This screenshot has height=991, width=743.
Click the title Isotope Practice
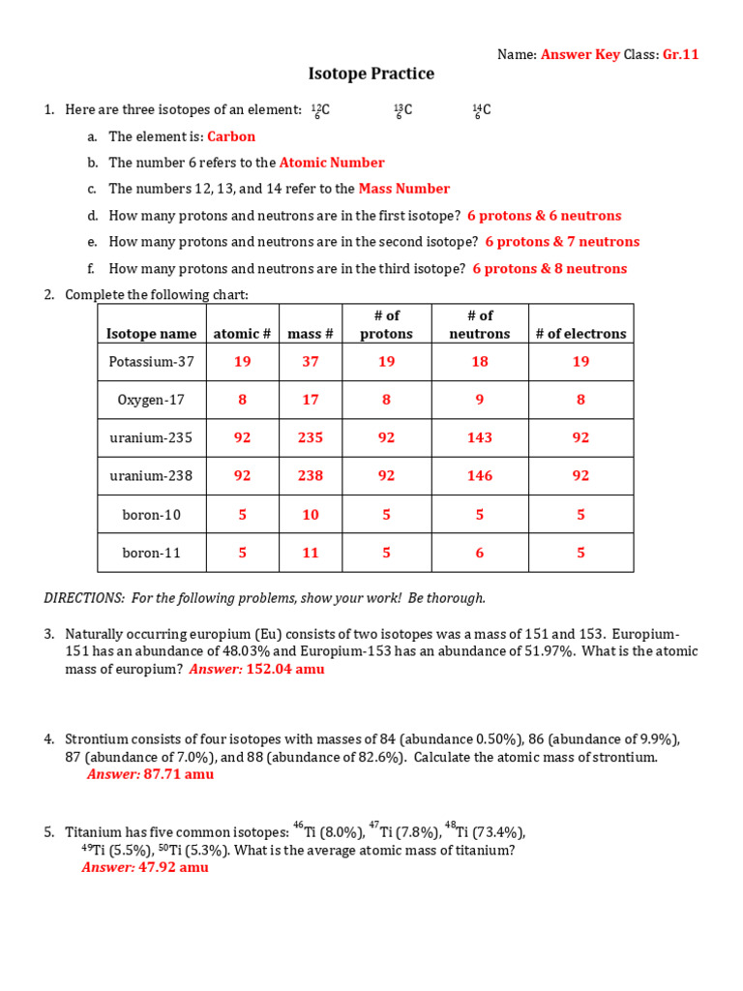click(371, 74)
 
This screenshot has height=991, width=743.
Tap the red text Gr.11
click(680, 54)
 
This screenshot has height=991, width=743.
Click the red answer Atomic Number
click(332, 163)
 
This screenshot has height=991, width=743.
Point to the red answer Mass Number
click(403, 189)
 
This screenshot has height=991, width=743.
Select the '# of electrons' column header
click(580, 334)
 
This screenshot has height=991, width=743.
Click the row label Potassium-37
click(150, 361)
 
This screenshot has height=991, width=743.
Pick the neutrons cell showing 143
click(479, 437)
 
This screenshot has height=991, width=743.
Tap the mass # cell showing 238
click(310, 475)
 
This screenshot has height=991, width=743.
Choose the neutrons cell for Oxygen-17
click(479, 399)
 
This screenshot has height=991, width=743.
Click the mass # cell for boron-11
click(310, 553)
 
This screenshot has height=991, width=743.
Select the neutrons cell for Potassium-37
click(479, 361)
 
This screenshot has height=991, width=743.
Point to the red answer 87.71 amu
click(178, 774)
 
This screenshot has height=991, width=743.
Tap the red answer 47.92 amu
click(173, 867)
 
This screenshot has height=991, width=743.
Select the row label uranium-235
click(151, 437)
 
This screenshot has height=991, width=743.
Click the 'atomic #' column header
click(242, 334)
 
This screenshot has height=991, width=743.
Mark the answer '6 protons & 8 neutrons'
click(550, 269)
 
